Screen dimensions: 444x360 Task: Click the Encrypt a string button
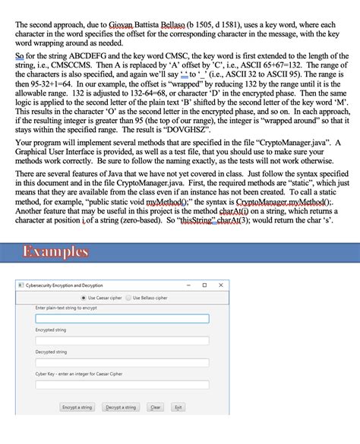77,408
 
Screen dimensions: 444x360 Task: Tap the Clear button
155,408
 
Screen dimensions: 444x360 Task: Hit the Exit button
178,408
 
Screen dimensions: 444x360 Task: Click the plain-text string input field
122,319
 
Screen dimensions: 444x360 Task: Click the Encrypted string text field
122,341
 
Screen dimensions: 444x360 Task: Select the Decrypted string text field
122,362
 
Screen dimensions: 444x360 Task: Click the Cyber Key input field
122,384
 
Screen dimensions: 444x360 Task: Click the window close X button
221,285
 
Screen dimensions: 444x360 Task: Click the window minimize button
186,285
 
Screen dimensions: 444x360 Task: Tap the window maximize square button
204,285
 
